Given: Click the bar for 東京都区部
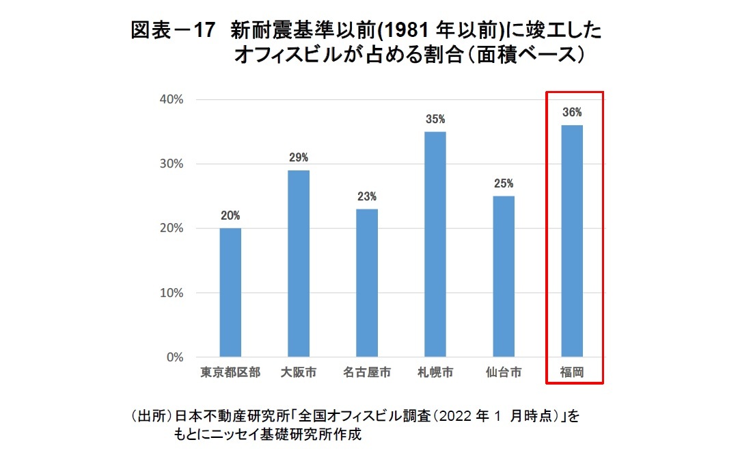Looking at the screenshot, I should (x=230, y=292).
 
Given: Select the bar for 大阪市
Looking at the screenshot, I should (x=299, y=263).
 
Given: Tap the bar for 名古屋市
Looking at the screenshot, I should (x=367, y=283).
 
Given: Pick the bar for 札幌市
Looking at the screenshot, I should (x=435, y=244).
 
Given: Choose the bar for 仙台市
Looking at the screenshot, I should (x=504, y=276).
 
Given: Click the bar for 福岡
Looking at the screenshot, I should (x=572, y=241).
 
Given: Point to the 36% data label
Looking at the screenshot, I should (x=572, y=112).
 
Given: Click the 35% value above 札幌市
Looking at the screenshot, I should (x=435, y=119).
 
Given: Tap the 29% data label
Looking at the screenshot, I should (x=299, y=157).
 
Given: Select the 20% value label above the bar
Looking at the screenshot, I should (x=230, y=216).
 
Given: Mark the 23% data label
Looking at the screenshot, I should (x=367, y=196).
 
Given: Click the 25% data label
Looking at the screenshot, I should (x=504, y=183).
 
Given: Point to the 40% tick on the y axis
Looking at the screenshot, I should (x=171, y=99).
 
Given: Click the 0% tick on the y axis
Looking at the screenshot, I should (x=175, y=357).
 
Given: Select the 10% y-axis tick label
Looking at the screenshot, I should (x=171, y=293).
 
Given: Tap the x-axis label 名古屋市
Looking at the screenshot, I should (x=367, y=373).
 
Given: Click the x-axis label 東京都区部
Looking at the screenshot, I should (x=230, y=373).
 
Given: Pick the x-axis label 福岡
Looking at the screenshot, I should (x=571, y=373).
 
